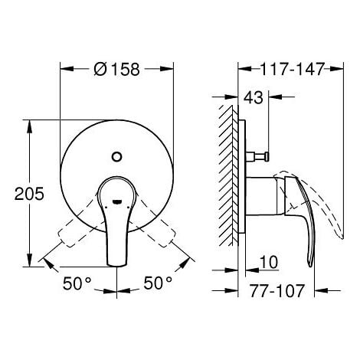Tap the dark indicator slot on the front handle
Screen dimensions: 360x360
(x=116, y=201)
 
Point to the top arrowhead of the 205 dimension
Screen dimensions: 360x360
(x=30, y=123)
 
